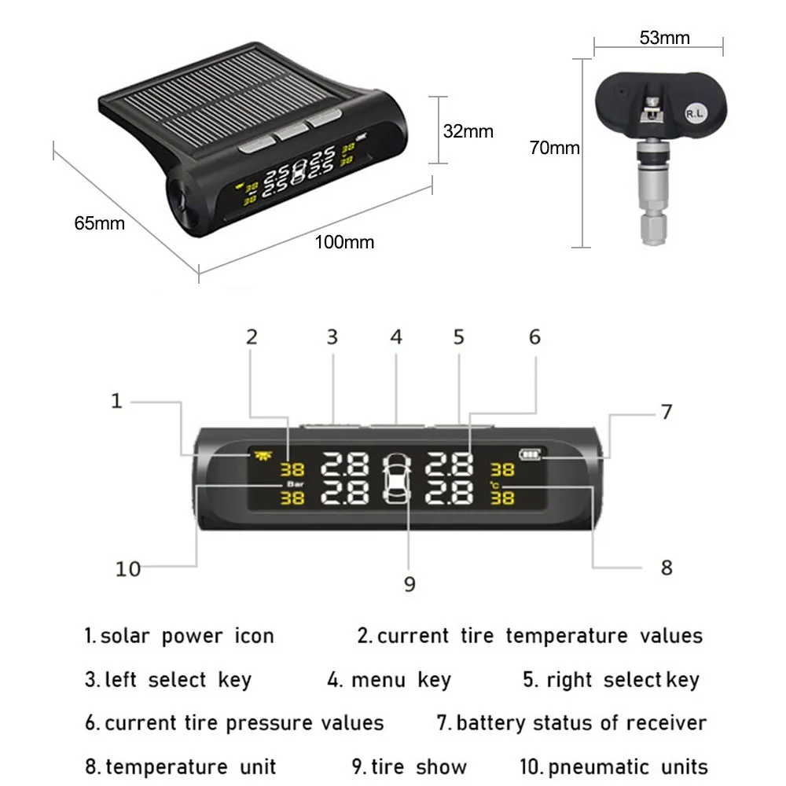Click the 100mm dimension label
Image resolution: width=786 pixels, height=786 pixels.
coord(344,242)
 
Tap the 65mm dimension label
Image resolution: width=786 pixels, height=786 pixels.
coord(99,222)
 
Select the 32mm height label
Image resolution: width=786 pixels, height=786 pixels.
coord(468,131)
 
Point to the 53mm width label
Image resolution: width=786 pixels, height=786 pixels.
coord(664,38)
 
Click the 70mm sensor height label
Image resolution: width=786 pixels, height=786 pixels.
coord(554,147)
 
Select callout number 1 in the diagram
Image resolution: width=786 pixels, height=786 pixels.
coord(116,402)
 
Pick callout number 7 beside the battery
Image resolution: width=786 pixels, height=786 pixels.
coord(667,412)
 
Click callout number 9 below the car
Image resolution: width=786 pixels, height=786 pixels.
coord(410,584)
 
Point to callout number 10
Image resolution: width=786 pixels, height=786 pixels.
coord(127,568)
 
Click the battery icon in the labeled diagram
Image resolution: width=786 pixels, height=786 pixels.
coord(531,454)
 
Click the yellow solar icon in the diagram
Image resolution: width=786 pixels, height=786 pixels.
coord(259,454)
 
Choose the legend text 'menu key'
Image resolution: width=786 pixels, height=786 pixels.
coord(390,680)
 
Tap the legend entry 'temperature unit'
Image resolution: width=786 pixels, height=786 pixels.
coord(181,766)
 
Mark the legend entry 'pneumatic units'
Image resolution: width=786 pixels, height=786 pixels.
coord(614,766)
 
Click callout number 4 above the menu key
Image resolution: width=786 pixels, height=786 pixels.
coord(396,337)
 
